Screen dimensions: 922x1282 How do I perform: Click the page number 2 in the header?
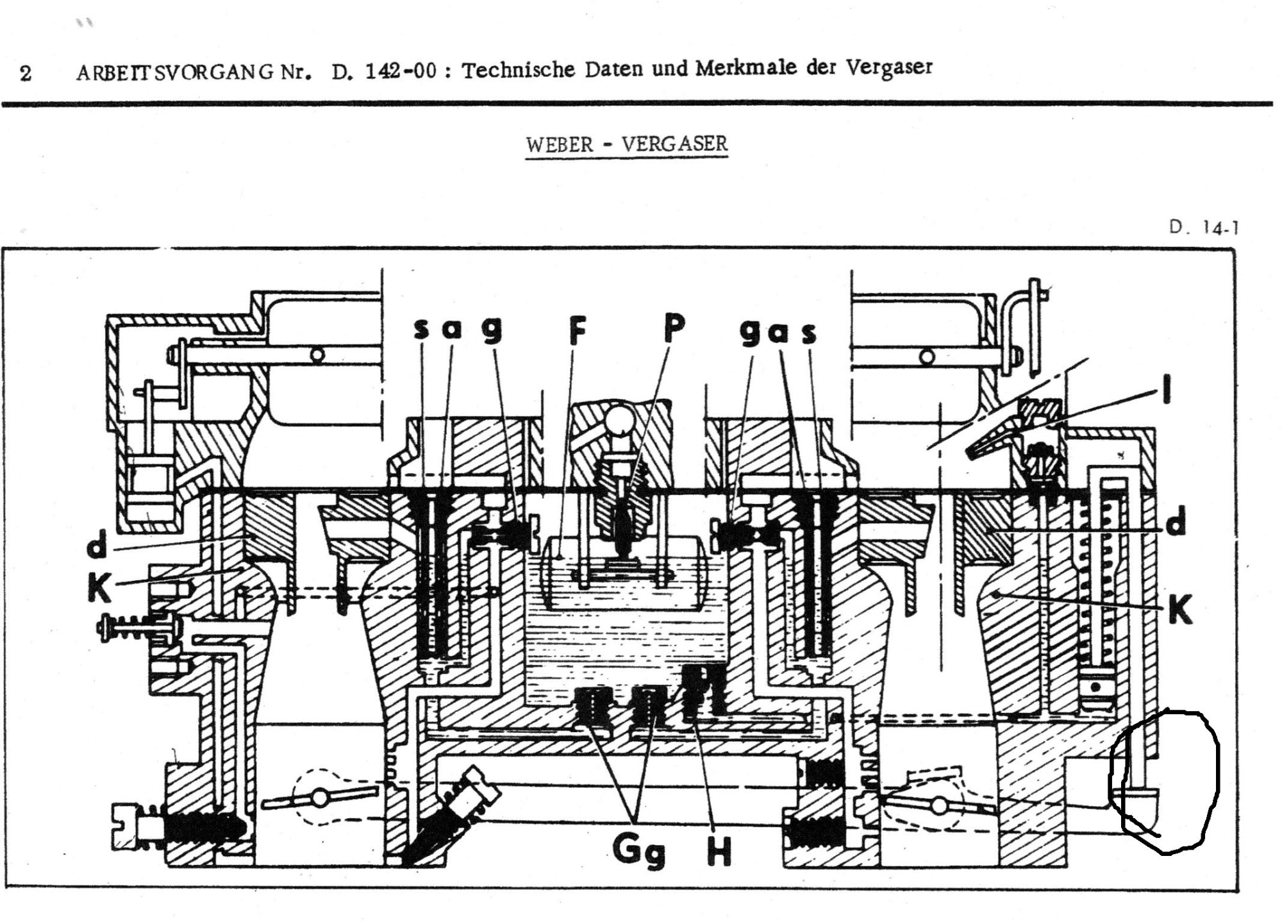[x=26, y=73]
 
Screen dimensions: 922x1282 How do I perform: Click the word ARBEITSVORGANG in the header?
[x=176, y=72]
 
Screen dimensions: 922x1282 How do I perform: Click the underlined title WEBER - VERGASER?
[x=626, y=144]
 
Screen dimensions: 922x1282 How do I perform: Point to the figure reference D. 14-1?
[x=1203, y=227]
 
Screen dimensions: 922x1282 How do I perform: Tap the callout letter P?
[x=672, y=328]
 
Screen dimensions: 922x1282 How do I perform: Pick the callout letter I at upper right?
[x=1167, y=389]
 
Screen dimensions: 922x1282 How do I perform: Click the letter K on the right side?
[x=1179, y=610]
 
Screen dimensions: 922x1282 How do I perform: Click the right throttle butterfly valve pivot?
[x=940, y=804]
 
